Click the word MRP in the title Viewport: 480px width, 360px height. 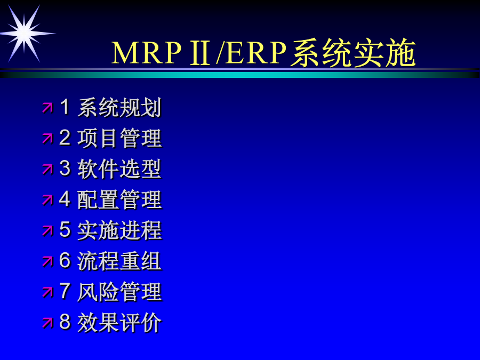tap(147, 53)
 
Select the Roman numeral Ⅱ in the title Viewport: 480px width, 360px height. tap(200, 53)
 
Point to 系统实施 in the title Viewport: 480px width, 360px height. tap(353, 53)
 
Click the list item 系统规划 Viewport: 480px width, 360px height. tap(119, 107)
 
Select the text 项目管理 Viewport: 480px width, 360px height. tap(119, 138)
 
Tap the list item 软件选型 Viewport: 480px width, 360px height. tap(119, 169)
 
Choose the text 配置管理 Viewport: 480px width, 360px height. tap(119, 199)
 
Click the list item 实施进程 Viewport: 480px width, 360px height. tap(119, 230)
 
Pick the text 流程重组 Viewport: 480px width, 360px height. tap(119, 261)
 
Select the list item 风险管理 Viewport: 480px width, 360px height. tap(119, 292)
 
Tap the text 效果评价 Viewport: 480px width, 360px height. tap(119, 322)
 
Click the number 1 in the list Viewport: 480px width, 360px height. tap(65, 107)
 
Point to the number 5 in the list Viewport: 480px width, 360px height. tap(65, 229)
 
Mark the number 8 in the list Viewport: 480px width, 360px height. tap(65, 322)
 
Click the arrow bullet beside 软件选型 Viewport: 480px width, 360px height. tap(47, 169)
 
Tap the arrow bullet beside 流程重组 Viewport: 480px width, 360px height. tap(47, 261)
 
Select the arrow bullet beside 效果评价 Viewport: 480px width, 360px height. tap(47, 323)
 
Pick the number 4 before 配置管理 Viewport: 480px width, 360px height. tap(65, 199)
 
